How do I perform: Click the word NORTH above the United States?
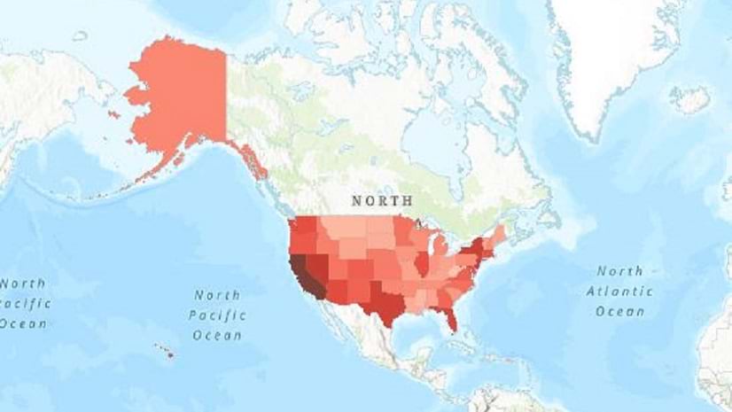[381, 201]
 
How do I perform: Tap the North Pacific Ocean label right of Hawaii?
[217, 315]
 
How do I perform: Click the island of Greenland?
[611, 53]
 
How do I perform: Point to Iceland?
[689, 98]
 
